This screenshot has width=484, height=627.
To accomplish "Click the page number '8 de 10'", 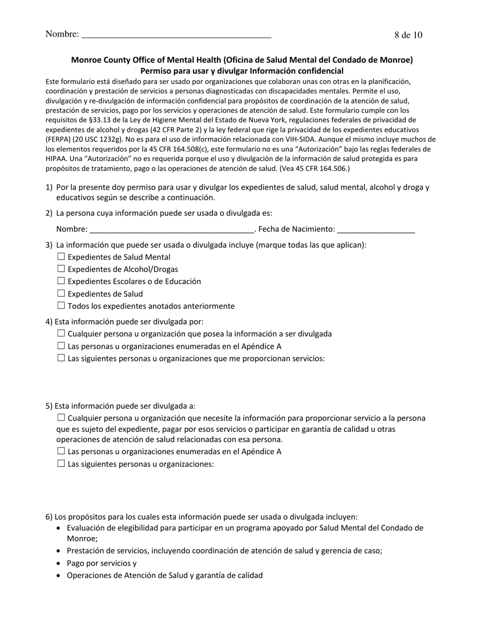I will [408, 35].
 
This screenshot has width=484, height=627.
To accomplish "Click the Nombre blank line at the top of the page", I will [176, 35].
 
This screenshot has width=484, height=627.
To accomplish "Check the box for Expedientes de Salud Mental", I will [61, 257].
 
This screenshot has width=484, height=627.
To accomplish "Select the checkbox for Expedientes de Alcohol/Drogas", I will [61, 269].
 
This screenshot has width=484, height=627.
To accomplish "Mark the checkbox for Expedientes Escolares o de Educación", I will [61, 281].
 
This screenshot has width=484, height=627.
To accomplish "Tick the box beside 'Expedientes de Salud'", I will [61, 294].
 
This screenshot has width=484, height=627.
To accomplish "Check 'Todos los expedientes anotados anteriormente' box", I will [61, 306].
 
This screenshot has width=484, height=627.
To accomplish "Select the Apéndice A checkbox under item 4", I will [61, 346].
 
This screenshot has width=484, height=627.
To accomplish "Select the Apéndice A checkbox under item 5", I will [61, 451].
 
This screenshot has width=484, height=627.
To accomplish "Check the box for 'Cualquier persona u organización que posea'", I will [61, 334].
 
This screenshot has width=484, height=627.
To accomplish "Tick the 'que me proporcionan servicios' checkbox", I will [61, 358].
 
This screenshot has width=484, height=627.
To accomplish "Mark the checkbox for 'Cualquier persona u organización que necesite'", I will [61, 418].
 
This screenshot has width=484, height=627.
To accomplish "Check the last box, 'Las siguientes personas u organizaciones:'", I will [61, 464].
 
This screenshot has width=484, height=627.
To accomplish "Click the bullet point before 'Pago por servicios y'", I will [60, 564].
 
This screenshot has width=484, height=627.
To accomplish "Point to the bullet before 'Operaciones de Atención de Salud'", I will [60, 576].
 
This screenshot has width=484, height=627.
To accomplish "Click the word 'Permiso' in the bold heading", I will [155, 71].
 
